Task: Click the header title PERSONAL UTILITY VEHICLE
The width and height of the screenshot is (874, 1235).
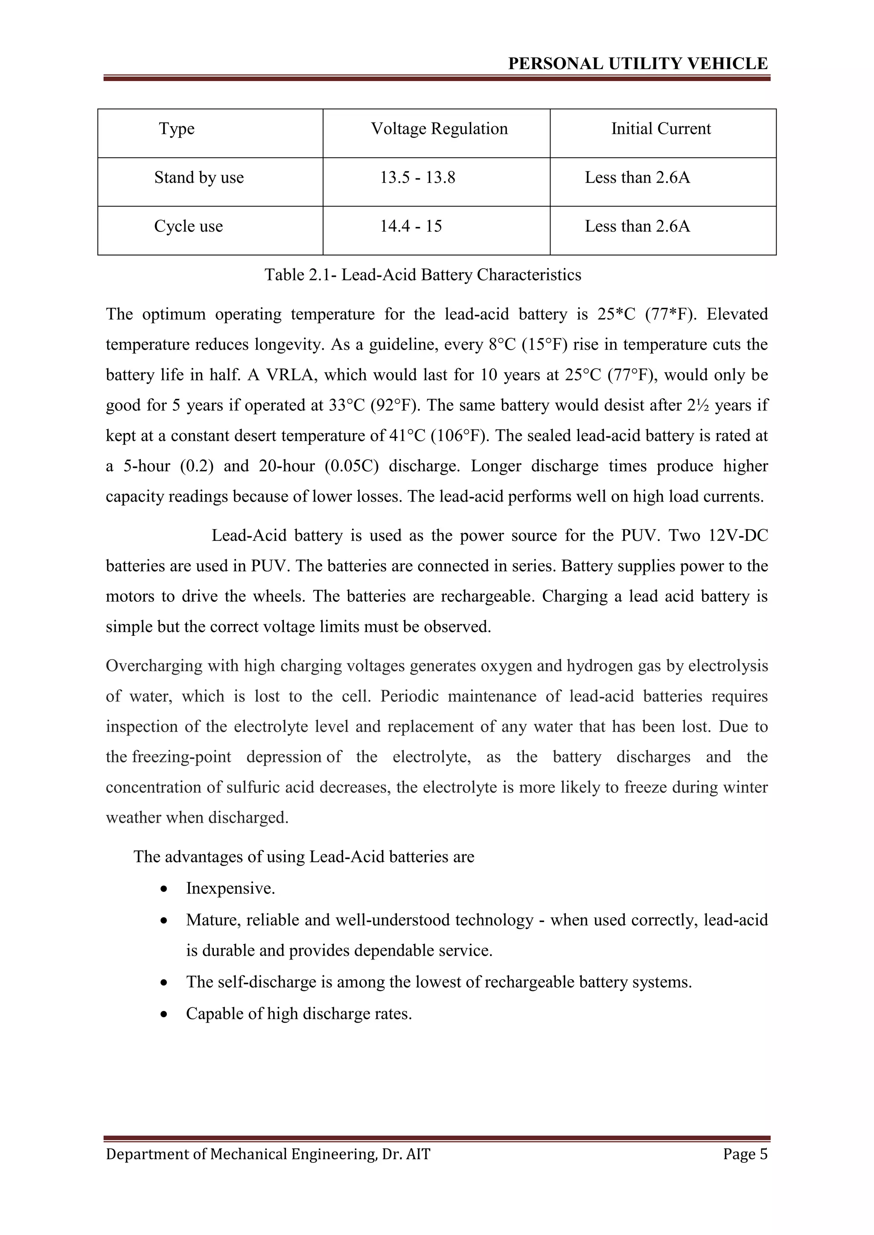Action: [x=637, y=64]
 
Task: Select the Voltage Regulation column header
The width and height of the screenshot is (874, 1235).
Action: [x=439, y=129]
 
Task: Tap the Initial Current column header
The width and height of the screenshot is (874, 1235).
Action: [x=661, y=129]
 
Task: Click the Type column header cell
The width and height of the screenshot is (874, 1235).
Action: [x=177, y=129]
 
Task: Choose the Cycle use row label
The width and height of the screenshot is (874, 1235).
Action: [x=188, y=226]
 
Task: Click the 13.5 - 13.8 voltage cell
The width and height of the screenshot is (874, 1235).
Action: [x=418, y=177]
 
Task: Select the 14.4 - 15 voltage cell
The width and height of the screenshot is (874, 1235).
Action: [x=411, y=226]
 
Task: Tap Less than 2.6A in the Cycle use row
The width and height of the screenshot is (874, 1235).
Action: [x=637, y=226]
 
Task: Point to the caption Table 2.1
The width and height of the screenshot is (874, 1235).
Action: [x=422, y=275]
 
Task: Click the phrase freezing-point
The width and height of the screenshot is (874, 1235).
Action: [x=181, y=757]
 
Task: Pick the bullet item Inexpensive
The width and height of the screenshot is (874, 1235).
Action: [x=230, y=888]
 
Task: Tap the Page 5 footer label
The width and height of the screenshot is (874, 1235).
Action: [x=745, y=1154]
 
